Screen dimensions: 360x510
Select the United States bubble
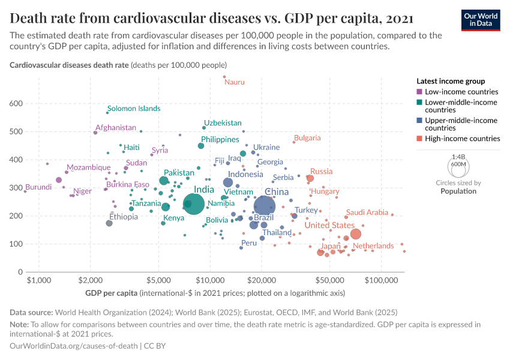click(x=356, y=234)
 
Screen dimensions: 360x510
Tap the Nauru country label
click(x=235, y=82)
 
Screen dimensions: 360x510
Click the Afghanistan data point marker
click(x=95, y=133)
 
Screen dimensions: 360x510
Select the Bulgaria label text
click(x=307, y=138)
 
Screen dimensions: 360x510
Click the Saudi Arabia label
click(x=367, y=212)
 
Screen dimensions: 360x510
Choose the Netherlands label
click(x=373, y=246)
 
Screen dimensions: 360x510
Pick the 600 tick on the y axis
click(x=32, y=104)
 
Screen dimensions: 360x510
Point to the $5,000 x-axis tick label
click(x=159, y=281)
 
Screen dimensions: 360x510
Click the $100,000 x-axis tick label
click(x=382, y=281)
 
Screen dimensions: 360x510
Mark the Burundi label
click(x=39, y=187)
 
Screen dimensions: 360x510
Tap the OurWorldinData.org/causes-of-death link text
click(x=74, y=346)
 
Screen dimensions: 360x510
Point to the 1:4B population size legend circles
click(x=458, y=164)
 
